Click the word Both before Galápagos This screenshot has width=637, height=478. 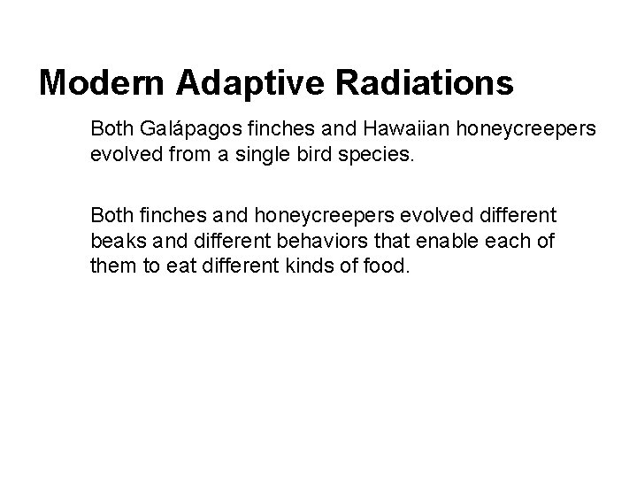111,129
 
